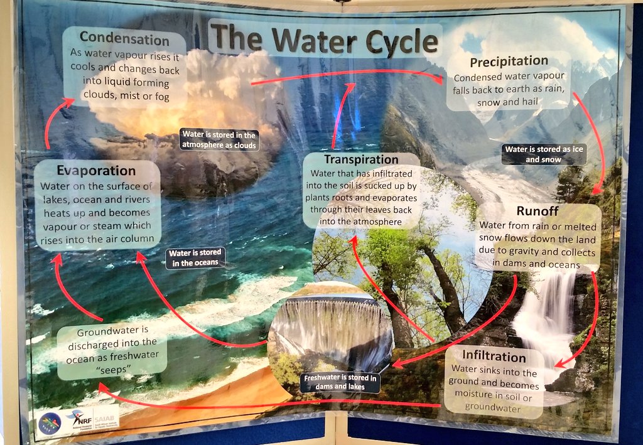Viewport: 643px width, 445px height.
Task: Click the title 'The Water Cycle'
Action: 323,40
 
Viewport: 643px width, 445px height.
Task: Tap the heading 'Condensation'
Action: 124,38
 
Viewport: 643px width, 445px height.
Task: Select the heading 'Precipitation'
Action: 509,62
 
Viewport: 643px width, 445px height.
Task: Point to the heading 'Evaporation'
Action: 95,171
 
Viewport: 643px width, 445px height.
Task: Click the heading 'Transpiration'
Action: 361,159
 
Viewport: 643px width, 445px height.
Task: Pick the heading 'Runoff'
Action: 537,210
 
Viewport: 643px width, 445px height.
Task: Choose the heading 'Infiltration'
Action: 494,357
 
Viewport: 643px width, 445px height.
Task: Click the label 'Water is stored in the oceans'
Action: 196,258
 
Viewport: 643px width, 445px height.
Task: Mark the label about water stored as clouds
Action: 219,140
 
